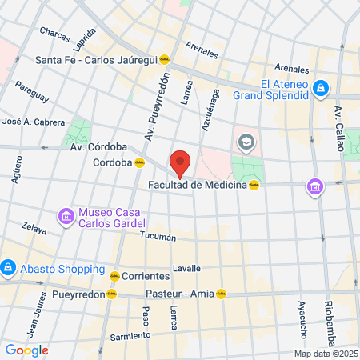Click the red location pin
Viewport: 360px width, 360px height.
coord(180,162)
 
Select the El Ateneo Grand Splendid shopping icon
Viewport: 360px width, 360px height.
coord(320,87)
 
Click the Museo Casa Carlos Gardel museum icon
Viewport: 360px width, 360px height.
coord(65,215)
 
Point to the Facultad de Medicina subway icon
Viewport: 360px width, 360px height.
coord(254,185)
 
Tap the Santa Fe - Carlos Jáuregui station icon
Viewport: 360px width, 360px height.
coord(165,58)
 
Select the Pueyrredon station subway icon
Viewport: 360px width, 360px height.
coord(114,294)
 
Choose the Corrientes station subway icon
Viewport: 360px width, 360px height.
coord(114,274)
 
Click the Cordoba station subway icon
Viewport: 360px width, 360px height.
coord(139,162)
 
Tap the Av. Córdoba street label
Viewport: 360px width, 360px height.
coord(98,147)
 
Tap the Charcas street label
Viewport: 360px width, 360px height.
coord(55,34)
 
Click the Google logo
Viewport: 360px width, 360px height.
coord(26,350)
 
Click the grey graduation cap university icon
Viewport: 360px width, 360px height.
coord(246,142)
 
